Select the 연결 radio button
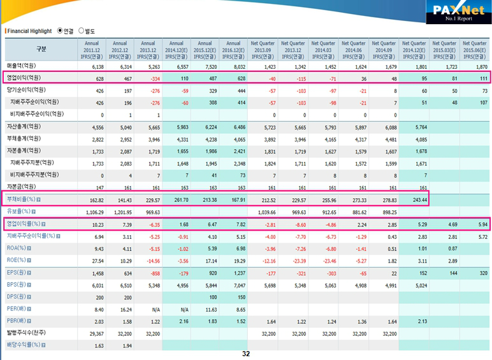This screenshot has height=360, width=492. pyautogui.click(x=60, y=30)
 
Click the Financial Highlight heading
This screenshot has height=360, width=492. pyautogui.click(x=29, y=31)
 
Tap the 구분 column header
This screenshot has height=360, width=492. pyautogui.click(x=41, y=48)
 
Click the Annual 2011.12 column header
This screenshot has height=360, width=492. pyautogui.click(x=93, y=48)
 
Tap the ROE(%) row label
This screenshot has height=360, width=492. pyautogui.click(x=17, y=260)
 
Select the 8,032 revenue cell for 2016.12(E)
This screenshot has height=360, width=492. pyautogui.click(x=236, y=66)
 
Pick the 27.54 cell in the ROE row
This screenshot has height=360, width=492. pyautogui.click(x=96, y=261)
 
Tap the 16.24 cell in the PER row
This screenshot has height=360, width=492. pyautogui.click(x=125, y=309)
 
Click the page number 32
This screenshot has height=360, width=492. pyautogui.click(x=246, y=353)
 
